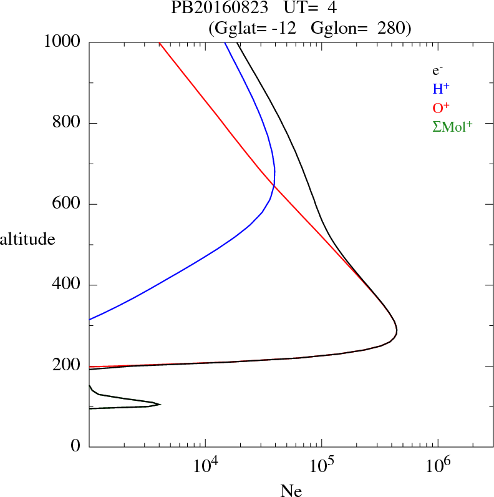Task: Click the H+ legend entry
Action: (441, 89)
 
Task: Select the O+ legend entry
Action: (442, 107)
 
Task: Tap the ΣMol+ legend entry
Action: (452, 127)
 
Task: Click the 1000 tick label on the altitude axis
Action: (62, 42)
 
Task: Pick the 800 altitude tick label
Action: (67, 123)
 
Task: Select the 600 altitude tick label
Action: (67, 204)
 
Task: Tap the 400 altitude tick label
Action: (67, 285)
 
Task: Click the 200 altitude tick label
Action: (67, 366)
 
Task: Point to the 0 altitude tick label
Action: (76, 446)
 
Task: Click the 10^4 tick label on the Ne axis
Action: (205, 466)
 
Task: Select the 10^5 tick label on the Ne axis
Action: (321, 466)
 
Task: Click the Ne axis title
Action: (291, 491)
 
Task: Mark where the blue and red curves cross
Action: (274, 185)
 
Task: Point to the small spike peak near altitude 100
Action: (160, 405)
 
